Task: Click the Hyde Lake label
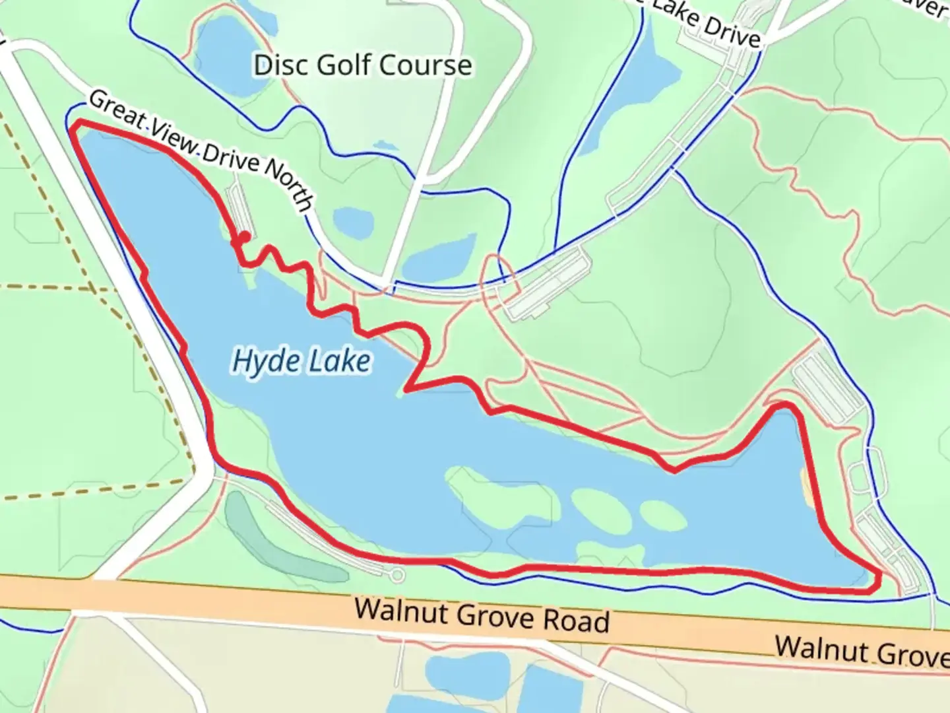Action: [x=301, y=362]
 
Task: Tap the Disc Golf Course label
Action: [x=363, y=65]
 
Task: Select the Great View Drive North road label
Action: [x=201, y=151]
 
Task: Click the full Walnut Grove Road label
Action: [x=482, y=615]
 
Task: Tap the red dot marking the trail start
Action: [x=244, y=237]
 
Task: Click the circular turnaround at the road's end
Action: [x=397, y=576]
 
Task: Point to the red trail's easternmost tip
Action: [x=879, y=579]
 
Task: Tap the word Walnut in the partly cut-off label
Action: [x=813, y=648]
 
